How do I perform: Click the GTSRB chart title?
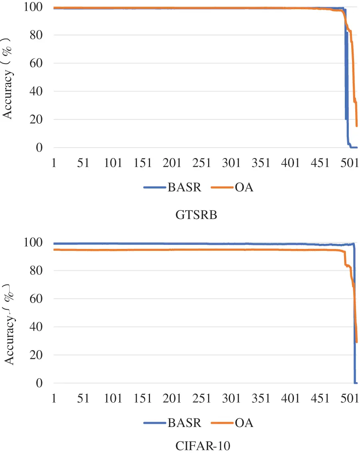click(196, 215)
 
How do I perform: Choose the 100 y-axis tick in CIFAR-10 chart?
click(35, 243)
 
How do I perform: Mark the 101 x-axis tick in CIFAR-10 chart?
click(114, 399)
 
